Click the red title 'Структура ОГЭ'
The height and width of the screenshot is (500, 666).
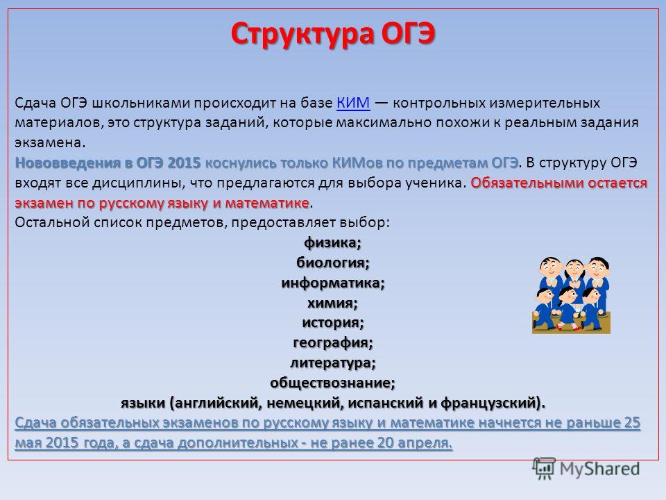tap(333, 35)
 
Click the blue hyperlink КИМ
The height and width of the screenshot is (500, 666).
tap(353, 103)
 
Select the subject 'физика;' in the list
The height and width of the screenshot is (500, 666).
tap(332, 243)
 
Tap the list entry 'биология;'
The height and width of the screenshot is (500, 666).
tap(332, 262)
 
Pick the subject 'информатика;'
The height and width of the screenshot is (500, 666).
tap(332, 283)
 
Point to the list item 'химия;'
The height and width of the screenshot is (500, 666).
tap(332, 303)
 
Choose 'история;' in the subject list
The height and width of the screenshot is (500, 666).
tap(333, 323)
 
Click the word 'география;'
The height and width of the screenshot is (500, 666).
tap(333, 342)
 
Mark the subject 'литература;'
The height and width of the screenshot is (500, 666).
tap(333, 362)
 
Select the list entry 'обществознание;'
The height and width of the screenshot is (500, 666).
tap(332, 383)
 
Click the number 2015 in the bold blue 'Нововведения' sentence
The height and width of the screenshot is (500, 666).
tap(184, 162)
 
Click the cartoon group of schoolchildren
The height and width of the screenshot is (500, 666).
tap(571, 295)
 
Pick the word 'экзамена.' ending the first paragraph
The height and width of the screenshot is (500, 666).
tap(50, 143)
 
